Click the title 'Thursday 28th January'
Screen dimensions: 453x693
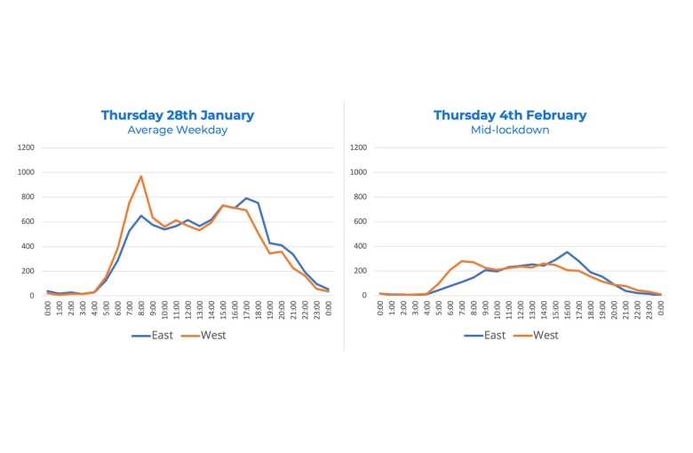click(177, 115)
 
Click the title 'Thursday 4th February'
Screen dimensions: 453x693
click(510, 115)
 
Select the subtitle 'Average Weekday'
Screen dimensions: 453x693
click(177, 131)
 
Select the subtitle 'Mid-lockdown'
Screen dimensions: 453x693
click(510, 131)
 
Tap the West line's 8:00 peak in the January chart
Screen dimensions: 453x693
click(140, 176)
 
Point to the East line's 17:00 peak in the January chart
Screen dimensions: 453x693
click(246, 198)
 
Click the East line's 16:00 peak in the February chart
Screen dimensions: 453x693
click(567, 251)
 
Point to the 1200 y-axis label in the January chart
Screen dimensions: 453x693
click(26, 147)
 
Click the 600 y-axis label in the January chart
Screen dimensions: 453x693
click(28, 221)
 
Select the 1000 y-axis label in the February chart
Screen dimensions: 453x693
click(358, 172)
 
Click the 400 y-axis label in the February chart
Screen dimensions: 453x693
click(361, 246)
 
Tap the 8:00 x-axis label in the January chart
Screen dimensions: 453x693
click(141, 309)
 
